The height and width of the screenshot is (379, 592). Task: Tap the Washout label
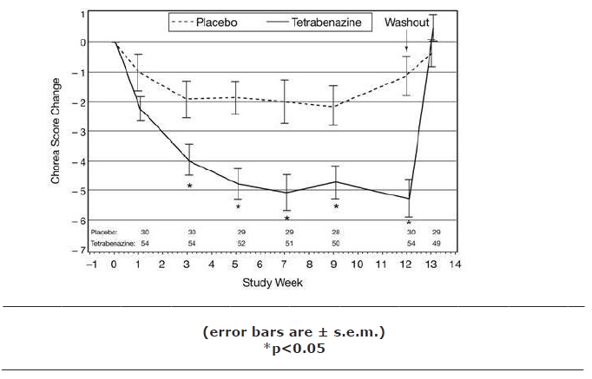[x=406, y=22]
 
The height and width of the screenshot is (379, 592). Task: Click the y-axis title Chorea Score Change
[x=56, y=131]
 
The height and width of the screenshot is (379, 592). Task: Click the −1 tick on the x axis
[x=90, y=263]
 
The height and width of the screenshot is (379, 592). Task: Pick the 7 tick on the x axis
[x=286, y=263]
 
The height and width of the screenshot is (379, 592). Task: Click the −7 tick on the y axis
[x=81, y=250]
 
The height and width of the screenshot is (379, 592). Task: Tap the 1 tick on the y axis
[x=82, y=14]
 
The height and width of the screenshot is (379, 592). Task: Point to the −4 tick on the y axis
[x=81, y=161]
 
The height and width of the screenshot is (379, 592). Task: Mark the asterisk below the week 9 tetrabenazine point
[x=335, y=206]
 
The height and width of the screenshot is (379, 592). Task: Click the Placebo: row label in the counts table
[x=102, y=232]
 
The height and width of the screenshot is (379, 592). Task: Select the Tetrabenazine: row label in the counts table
[x=110, y=245]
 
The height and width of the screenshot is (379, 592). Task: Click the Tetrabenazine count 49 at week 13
[x=436, y=245]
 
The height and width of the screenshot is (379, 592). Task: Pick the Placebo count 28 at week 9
[x=335, y=232]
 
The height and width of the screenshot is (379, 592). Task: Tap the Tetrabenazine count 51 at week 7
[x=286, y=245]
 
